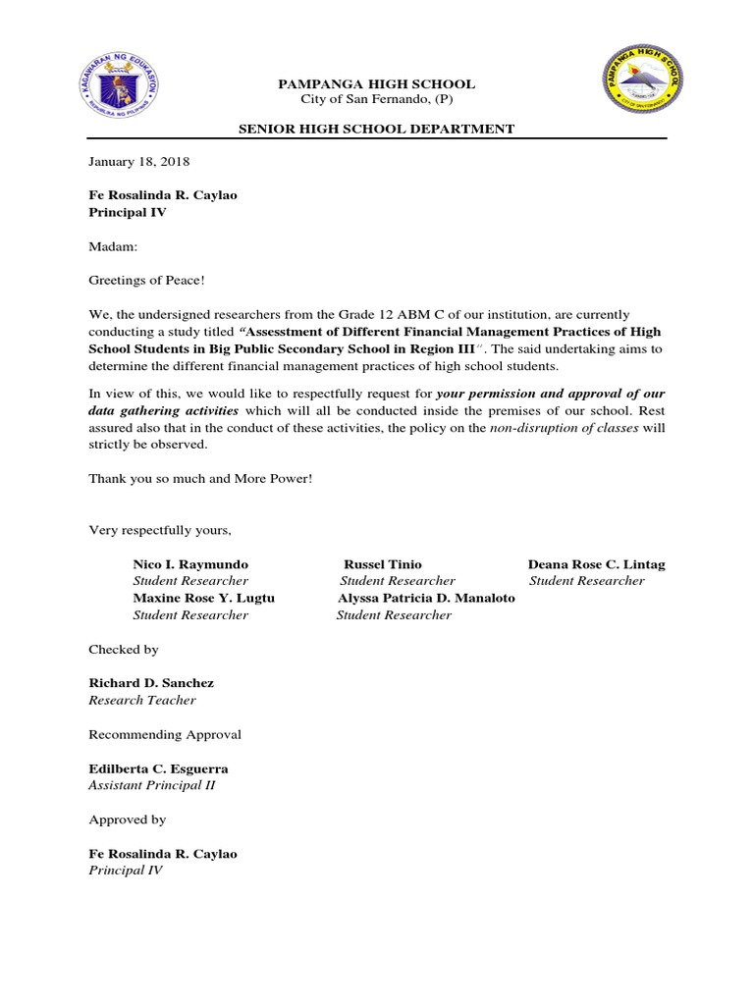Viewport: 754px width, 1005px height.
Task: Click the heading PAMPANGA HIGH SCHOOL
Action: [377, 84]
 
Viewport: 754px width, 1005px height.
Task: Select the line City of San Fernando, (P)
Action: [377, 100]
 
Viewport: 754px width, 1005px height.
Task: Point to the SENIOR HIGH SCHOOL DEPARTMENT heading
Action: [377, 129]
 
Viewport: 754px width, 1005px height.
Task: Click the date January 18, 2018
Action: [139, 161]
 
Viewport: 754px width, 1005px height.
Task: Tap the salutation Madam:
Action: [114, 246]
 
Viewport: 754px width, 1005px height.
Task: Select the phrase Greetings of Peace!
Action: [147, 281]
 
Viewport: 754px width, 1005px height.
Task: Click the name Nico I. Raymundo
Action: [190, 564]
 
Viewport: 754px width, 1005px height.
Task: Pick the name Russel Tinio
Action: [383, 564]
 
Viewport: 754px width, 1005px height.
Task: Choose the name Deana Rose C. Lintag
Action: [596, 564]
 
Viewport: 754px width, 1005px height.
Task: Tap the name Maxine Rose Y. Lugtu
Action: [203, 598]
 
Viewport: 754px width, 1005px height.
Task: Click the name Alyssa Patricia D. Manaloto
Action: [426, 598]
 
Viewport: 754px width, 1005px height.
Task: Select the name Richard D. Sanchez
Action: [151, 682]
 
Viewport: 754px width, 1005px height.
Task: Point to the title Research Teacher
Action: [142, 700]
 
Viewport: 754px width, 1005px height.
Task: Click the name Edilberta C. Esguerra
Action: [158, 768]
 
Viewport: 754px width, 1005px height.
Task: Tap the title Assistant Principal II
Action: [151, 786]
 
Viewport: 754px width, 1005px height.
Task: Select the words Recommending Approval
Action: [165, 734]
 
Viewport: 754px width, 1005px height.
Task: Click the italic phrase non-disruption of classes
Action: [563, 428]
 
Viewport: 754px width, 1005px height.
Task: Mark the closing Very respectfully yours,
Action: [160, 530]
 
